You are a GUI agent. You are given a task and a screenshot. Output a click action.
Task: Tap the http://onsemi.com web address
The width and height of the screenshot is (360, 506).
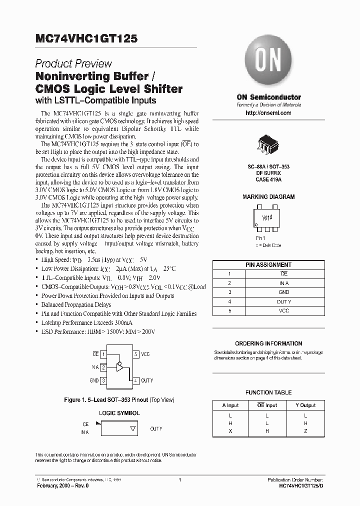click(268, 113)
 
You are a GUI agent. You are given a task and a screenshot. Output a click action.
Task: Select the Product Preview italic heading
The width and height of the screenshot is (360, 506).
click(73, 63)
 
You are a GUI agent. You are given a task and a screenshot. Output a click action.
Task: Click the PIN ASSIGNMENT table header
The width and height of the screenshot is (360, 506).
click(268, 264)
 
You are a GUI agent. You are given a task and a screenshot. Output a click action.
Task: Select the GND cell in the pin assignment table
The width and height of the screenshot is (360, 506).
click(283, 292)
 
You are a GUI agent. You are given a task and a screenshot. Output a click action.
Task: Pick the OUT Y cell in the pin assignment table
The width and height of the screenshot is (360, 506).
click(283, 301)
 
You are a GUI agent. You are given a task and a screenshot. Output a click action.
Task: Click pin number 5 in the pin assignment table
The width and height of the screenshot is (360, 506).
click(229, 310)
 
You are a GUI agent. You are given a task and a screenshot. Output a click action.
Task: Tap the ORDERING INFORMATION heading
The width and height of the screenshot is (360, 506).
click(268, 343)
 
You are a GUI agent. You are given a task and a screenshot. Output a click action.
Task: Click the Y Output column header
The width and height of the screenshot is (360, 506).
click(305, 405)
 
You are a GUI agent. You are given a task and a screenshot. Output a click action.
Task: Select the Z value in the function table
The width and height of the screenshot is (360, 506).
click(305, 431)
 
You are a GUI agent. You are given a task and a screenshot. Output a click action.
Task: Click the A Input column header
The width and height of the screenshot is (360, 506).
click(230, 405)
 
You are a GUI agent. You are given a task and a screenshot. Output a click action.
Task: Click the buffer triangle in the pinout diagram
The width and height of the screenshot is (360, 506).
click(120, 367)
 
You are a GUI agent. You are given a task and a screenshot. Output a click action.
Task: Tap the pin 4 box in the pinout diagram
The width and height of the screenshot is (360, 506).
click(135, 380)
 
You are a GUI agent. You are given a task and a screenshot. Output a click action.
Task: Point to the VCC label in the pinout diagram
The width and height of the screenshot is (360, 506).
click(145, 354)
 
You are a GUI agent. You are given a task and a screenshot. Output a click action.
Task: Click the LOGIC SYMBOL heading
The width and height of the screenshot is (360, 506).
click(119, 413)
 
